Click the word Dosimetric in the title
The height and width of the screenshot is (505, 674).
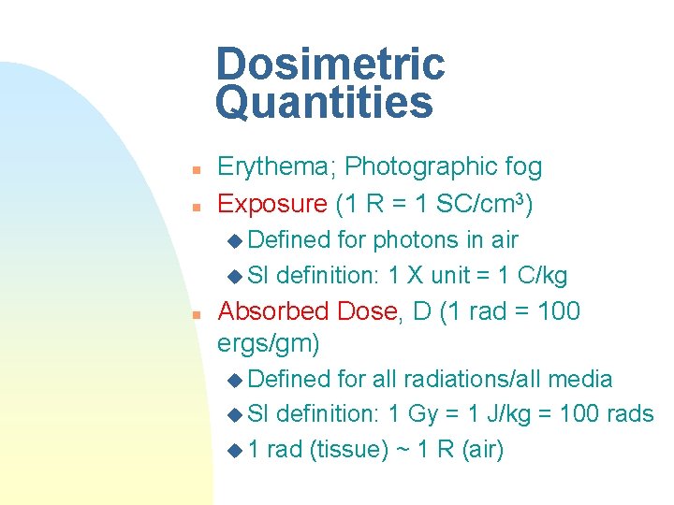pyautogui.click(x=330, y=64)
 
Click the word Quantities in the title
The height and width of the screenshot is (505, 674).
pyautogui.click(x=324, y=103)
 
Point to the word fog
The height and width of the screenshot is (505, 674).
pyautogui.click(x=522, y=167)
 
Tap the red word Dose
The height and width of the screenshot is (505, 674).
pyautogui.click(x=371, y=311)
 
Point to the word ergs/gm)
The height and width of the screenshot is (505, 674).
pyautogui.click(x=269, y=344)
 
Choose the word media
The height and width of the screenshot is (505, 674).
pyautogui.click(x=580, y=379)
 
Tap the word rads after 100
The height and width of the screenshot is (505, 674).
pyautogui.click(x=628, y=414)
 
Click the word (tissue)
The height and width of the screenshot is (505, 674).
pyautogui.click(x=350, y=450)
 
